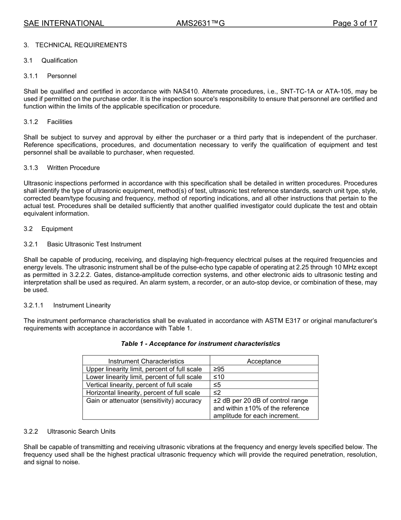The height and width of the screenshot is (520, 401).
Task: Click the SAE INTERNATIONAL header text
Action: coord(64,24)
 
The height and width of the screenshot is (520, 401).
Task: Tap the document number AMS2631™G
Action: coord(200,24)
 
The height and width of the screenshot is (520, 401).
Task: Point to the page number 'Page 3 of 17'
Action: coord(355,24)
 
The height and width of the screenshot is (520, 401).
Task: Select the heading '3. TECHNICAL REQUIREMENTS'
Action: coord(75,45)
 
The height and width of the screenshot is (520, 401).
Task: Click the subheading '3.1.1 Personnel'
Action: coord(50,76)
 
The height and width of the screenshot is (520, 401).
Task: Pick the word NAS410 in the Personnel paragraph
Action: coord(185,91)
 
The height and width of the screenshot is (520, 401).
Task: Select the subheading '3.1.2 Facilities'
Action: coord(48,122)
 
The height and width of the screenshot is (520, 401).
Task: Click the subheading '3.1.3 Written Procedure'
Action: coord(62,168)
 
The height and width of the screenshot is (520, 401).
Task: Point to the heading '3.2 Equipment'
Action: coord(48,229)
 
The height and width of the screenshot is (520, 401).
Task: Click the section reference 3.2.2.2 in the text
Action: coord(81,275)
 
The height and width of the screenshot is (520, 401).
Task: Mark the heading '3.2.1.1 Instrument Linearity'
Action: coord(67,305)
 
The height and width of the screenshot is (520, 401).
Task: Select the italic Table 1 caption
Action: coord(200,344)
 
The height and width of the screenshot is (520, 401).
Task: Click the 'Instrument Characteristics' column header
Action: coord(146,361)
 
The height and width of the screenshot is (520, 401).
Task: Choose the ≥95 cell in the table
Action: coord(219,369)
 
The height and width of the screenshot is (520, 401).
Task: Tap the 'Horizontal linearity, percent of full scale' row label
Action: coord(143,393)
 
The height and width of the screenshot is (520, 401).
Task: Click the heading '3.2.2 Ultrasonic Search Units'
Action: coord(70,432)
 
